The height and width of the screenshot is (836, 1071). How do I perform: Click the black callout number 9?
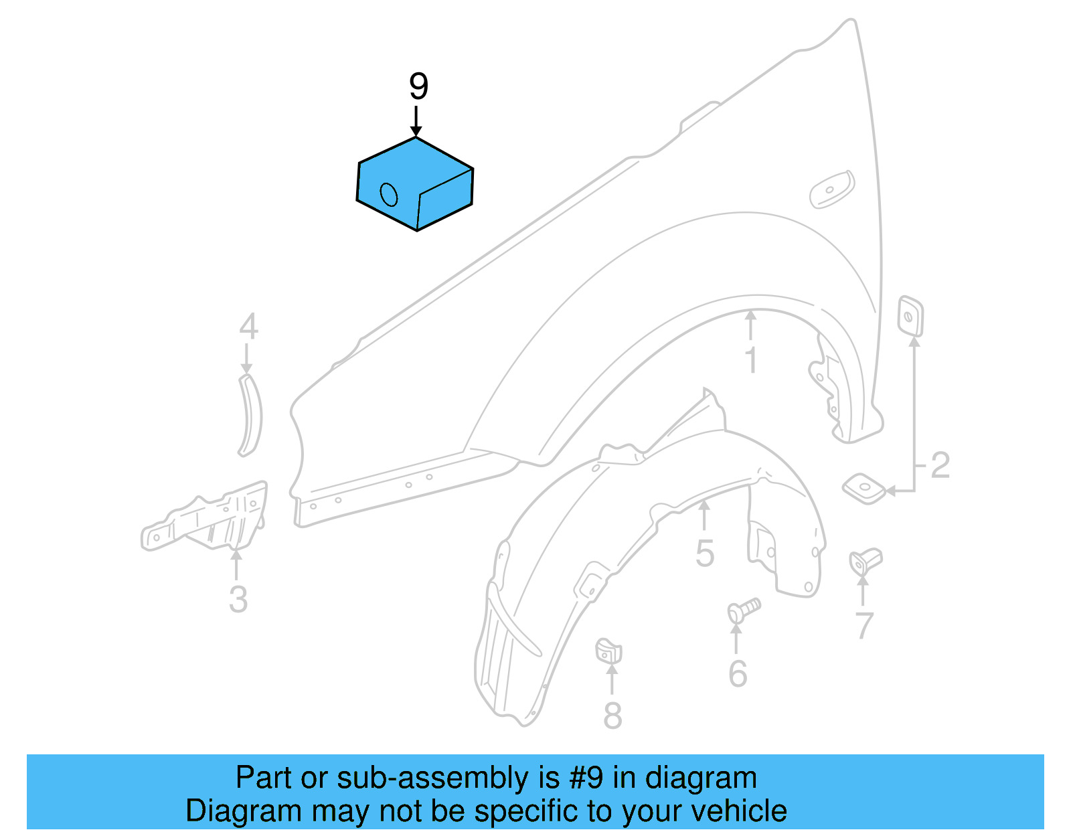[418, 87]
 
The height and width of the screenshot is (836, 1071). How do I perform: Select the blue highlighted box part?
[415, 184]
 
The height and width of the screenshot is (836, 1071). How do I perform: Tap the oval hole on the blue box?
[389, 194]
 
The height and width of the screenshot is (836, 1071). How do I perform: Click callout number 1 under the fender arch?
[751, 360]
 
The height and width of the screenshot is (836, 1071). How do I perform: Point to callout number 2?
[940, 465]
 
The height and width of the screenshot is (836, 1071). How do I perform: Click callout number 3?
[238, 599]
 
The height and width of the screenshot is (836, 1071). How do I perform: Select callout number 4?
[248, 327]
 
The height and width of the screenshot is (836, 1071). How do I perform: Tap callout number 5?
[704, 554]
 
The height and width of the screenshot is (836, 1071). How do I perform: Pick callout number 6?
[737, 673]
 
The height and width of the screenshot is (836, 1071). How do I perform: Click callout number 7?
[864, 626]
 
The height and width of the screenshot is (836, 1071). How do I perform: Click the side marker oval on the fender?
[832, 189]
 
